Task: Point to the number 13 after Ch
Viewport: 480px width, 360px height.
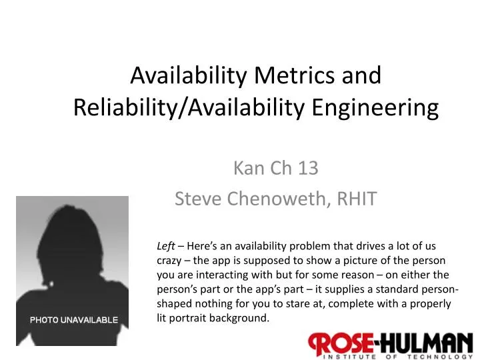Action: point(308,169)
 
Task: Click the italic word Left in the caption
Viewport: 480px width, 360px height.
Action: point(166,245)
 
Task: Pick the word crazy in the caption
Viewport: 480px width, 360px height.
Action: point(170,260)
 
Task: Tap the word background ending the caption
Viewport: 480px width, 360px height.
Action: point(240,318)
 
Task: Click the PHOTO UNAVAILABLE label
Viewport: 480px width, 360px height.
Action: point(73,320)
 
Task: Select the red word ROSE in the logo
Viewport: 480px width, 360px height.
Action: point(341,344)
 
